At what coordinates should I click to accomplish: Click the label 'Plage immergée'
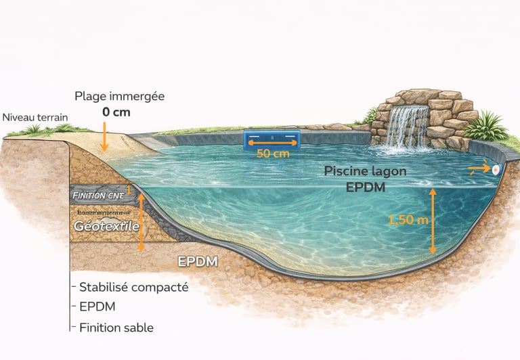[x=119, y=96]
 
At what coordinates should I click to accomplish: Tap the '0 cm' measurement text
[x=116, y=112]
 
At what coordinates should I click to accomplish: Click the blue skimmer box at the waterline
[x=272, y=140]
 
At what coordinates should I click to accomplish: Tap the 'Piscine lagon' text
[x=365, y=171]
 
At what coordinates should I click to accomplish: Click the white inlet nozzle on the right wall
[x=497, y=169]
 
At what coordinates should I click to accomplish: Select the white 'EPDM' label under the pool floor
[x=197, y=262]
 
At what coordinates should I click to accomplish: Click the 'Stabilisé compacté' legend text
[x=133, y=287]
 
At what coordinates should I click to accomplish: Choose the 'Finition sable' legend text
[x=116, y=328]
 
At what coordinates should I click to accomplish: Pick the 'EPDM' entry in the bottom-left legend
[x=97, y=307]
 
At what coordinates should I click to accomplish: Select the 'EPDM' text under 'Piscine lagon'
[x=366, y=187]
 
